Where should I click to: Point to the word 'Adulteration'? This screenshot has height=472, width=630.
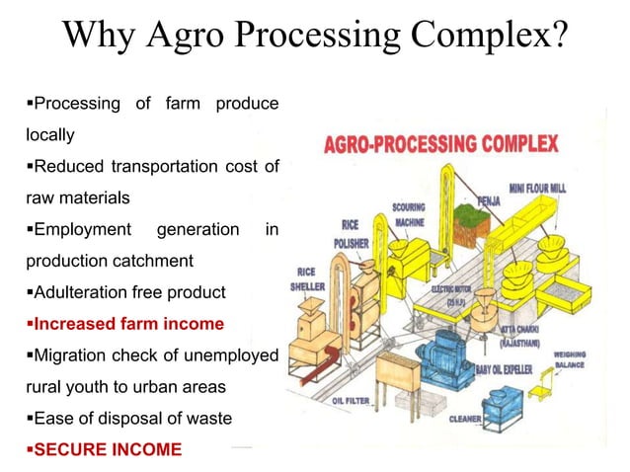[81, 292]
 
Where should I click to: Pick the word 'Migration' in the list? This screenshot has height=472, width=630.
[73, 354]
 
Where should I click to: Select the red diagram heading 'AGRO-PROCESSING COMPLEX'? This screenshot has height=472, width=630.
[440, 144]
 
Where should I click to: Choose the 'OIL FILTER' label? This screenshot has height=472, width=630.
[351, 401]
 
